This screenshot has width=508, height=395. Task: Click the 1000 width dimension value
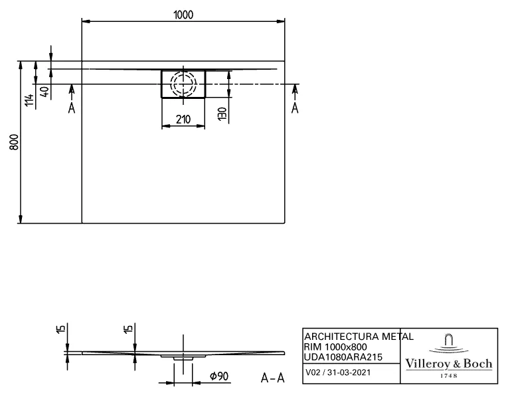click(x=184, y=15)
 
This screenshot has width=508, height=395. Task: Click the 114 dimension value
click(x=28, y=102)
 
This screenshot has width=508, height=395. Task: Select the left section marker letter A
click(x=72, y=106)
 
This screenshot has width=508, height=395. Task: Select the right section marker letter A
click(x=295, y=106)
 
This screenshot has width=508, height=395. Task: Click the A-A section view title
click(x=273, y=378)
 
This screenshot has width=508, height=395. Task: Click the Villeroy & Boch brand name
click(x=449, y=363)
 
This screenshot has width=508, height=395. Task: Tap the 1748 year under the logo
click(x=449, y=375)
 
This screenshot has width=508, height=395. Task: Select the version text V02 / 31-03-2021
click(x=334, y=373)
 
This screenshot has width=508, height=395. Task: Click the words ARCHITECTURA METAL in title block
click(x=359, y=336)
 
